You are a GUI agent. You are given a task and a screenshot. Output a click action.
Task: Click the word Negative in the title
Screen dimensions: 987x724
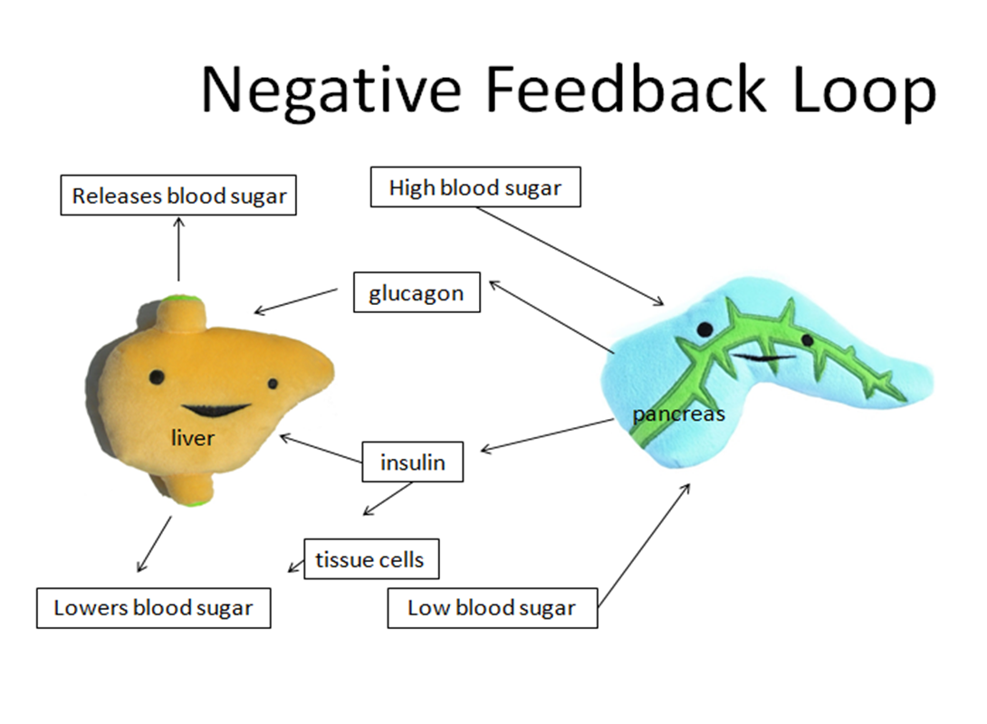click(x=331, y=91)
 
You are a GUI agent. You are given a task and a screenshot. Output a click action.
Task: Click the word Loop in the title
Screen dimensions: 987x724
click(x=865, y=91)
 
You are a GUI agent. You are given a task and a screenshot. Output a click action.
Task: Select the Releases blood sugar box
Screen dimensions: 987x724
click(x=178, y=195)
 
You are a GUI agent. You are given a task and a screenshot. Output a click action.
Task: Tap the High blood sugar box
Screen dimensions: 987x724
click(x=475, y=186)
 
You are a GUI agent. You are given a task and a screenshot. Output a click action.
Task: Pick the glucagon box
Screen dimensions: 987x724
click(x=417, y=292)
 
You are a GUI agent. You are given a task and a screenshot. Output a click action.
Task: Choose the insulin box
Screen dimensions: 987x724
click(x=412, y=462)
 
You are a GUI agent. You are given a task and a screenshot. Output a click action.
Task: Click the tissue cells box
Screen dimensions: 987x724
click(x=371, y=558)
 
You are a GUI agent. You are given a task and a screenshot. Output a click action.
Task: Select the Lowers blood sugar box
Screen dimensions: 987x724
click(x=154, y=607)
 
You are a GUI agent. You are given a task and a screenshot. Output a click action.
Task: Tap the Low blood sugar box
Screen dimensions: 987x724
click(x=493, y=607)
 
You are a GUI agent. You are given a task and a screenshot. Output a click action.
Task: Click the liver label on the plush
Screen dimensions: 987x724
click(x=193, y=437)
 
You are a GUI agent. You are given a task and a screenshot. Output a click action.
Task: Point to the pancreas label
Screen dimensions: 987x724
click(x=678, y=414)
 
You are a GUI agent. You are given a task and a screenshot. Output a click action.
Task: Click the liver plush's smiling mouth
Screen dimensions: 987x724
click(x=216, y=410)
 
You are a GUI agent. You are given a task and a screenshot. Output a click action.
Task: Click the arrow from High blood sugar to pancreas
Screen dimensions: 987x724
click(x=570, y=256)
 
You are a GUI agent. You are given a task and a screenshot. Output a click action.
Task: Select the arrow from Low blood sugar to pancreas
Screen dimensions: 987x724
click(x=644, y=546)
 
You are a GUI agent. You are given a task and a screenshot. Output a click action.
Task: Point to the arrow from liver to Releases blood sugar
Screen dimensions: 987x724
click(x=178, y=249)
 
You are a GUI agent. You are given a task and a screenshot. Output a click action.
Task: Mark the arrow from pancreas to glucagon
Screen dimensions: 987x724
click(x=551, y=317)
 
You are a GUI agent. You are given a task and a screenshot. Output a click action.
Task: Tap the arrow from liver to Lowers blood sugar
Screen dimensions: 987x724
click(x=154, y=544)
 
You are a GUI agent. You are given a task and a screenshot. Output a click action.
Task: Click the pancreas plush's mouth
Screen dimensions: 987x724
click(x=764, y=357)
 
